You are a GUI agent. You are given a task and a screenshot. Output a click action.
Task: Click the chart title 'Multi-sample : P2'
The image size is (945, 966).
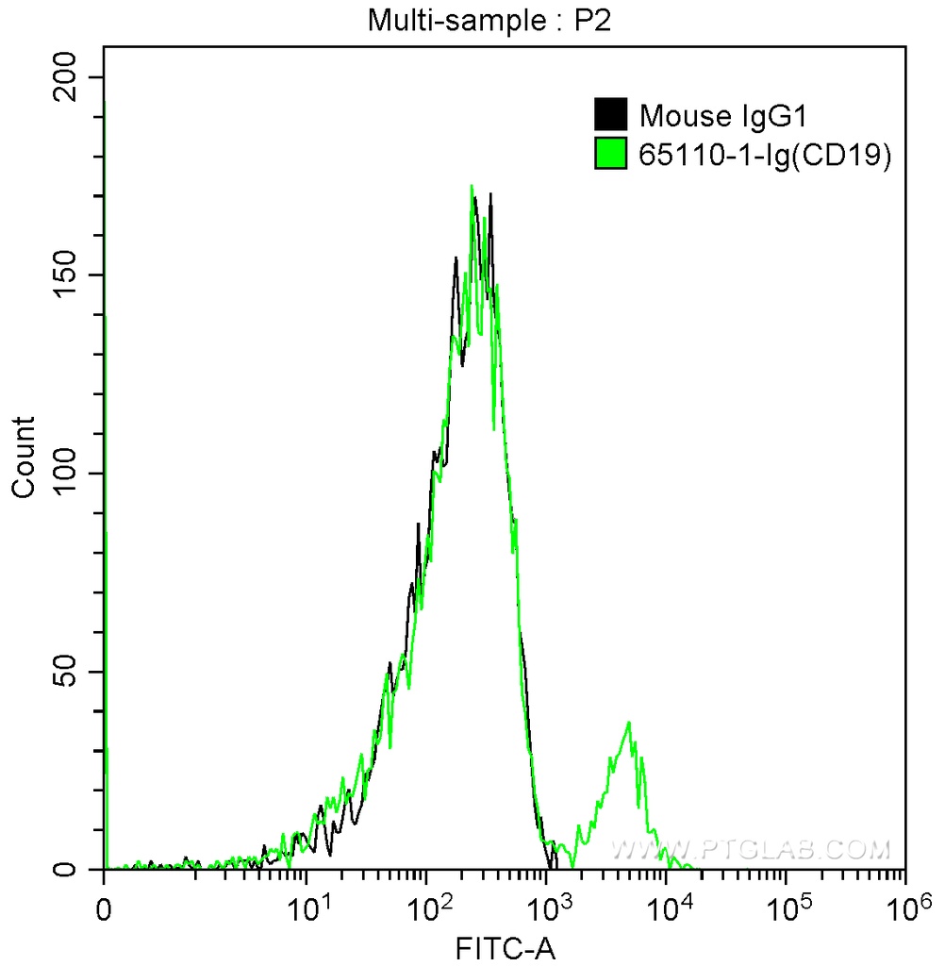point(489,22)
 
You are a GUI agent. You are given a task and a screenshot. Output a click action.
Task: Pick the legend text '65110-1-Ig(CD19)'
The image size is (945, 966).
point(765,154)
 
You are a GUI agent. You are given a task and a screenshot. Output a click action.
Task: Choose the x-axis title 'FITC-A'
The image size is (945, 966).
point(506,946)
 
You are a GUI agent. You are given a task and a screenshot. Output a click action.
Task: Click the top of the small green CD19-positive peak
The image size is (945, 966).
point(628,724)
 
